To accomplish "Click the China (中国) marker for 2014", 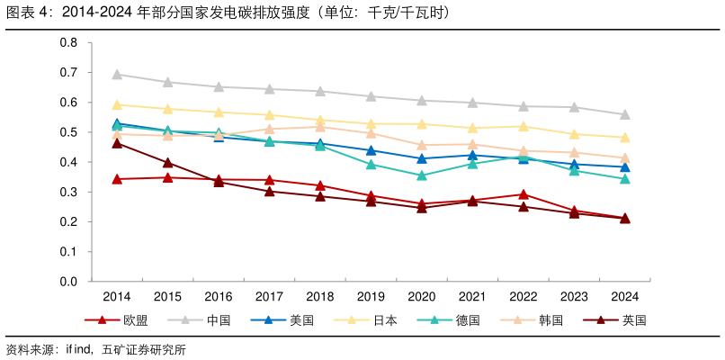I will point(117,75).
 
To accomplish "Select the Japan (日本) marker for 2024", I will point(625,138).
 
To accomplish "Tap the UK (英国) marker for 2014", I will point(117,143).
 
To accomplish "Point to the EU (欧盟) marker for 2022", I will point(524,193).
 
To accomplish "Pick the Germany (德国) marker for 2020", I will point(422,175).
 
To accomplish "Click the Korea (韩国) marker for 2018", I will point(320,127).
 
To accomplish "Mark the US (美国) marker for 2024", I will point(625,167).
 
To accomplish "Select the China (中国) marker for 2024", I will point(625,114).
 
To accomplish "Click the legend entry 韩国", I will point(550,320).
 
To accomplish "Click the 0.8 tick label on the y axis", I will point(68,42).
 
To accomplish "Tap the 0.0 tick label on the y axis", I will point(68,282).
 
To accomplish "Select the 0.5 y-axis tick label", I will point(68,132).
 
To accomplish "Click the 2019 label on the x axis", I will point(371,296).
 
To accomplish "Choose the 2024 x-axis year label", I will point(625,296).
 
